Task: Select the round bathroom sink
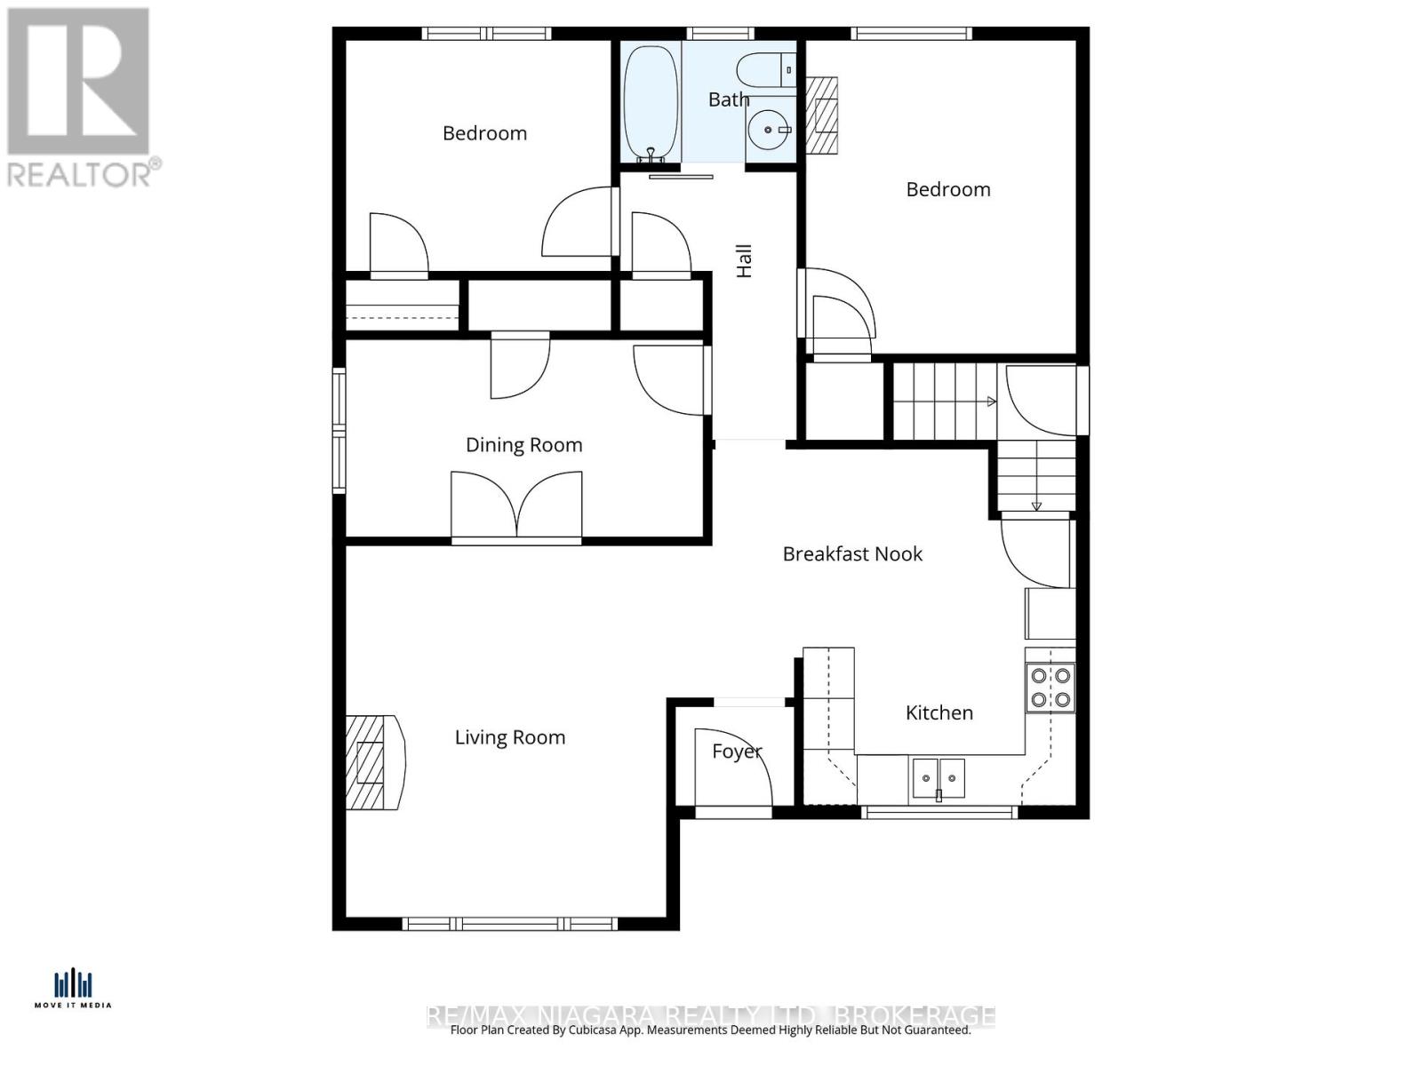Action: (768, 131)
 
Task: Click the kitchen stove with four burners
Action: (1050, 688)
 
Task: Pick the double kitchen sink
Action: (938, 778)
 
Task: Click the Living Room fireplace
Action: (373, 762)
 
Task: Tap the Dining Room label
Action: (523, 445)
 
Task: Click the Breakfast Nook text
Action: (851, 554)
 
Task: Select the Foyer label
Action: (737, 752)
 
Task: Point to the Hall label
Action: (744, 260)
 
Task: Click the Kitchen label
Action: (939, 712)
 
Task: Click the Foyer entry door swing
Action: (732, 769)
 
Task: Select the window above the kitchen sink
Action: (939, 811)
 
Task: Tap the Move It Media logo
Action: (73, 989)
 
